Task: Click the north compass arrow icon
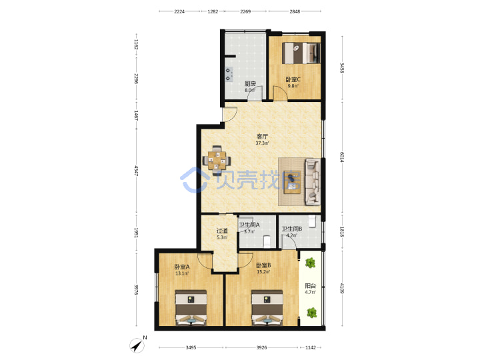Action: [x=137, y=345]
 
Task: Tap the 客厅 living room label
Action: [x=262, y=136]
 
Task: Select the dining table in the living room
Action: [x=217, y=161]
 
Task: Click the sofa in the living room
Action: [x=313, y=181]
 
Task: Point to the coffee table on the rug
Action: [x=292, y=182]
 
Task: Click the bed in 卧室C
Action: [x=301, y=53]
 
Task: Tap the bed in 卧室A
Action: [x=191, y=307]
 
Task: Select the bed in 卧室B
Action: [x=267, y=307]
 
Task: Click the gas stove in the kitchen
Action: [x=229, y=75]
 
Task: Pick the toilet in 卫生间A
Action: [x=267, y=241]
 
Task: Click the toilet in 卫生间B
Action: [x=312, y=221]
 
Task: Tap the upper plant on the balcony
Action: [x=311, y=263]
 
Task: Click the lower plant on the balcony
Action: [x=311, y=313]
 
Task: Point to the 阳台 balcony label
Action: [x=311, y=286]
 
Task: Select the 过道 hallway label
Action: [x=222, y=231]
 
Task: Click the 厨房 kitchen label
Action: [x=250, y=83]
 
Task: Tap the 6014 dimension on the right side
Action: [x=341, y=157]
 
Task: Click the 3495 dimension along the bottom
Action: [x=191, y=347]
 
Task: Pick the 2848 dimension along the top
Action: [x=295, y=11]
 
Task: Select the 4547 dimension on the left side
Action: [x=137, y=171]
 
